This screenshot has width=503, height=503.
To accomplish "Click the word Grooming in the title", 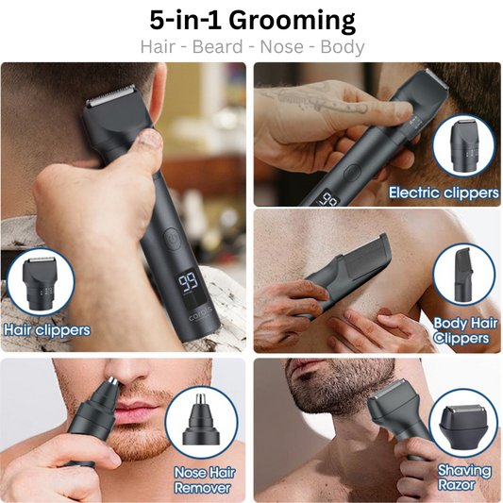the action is pyautogui.click(x=292, y=21).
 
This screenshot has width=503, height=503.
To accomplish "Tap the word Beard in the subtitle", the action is pyautogui.click(x=217, y=47).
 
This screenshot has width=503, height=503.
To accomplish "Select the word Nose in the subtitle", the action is pyautogui.click(x=281, y=47).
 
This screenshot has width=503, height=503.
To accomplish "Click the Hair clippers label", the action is pyautogui.click(x=47, y=330).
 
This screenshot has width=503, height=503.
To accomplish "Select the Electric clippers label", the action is pyautogui.click(x=444, y=193).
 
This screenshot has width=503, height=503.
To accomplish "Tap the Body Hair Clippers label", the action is pyautogui.click(x=464, y=330).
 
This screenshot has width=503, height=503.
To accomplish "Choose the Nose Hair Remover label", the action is pyautogui.click(x=205, y=480).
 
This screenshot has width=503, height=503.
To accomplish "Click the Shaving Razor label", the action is pyautogui.click(x=464, y=478).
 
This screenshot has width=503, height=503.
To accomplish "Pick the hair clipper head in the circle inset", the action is pyautogui.click(x=40, y=283).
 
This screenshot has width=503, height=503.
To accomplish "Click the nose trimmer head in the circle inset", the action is pyautogui.click(x=201, y=419).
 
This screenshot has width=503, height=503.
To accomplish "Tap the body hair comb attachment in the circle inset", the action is pyautogui.click(x=463, y=275).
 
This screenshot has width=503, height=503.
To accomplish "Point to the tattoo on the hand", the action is pyautogui.click(x=317, y=97).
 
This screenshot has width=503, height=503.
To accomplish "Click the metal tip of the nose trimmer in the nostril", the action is pyautogui.click(x=112, y=381).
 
